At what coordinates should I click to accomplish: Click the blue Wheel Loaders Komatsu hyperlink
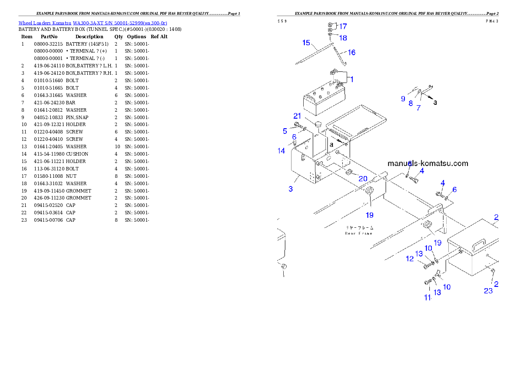click(93, 23)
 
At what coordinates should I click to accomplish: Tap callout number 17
click(343, 27)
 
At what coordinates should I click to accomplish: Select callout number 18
click(343, 38)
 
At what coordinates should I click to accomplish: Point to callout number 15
click(306, 43)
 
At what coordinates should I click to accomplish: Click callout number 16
click(351, 53)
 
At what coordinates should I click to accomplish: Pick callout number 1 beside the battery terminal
click(352, 80)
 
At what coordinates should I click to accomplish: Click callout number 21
click(297, 116)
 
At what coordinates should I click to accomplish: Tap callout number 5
click(285, 131)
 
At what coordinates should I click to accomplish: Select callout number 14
click(282, 151)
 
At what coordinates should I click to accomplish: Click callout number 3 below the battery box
click(291, 189)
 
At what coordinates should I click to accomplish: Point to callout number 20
click(363, 179)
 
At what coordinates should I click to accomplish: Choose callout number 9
click(403, 99)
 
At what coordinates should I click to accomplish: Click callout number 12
click(410, 259)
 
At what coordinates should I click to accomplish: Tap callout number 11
click(428, 298)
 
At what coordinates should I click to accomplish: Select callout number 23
click(488, 291)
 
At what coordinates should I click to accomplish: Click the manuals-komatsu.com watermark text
click(428, 164)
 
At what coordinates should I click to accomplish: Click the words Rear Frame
click(359, 233)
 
